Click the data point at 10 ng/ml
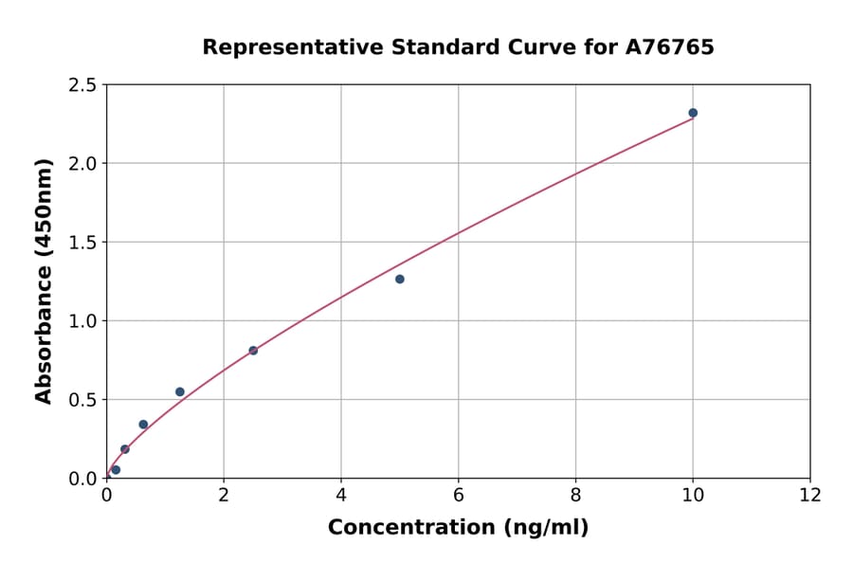coord(693,113)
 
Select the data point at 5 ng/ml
coord(400,279)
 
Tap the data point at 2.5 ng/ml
coord(253,351)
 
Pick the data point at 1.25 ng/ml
coord(180,391)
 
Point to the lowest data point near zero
coord(116,469)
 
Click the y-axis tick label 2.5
coord(82,85)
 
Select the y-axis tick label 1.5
coord(82,243)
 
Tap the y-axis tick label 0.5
coord(82,400)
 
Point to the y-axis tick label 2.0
coord(82,164)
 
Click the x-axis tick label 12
coord(810,495)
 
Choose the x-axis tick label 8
coord(575,495)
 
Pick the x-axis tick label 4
coord(341,495)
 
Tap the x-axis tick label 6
coord(459,495)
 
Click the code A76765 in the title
coord(671,47)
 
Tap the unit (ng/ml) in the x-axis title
coord(544,528)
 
